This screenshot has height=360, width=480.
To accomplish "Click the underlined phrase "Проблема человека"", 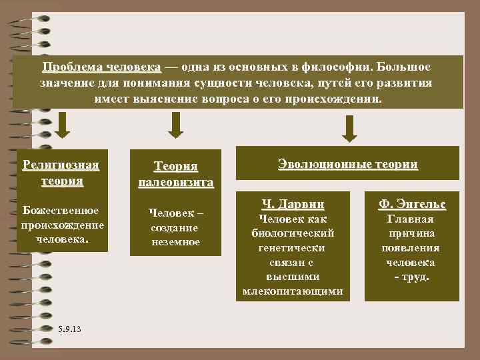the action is [x=101, y=68].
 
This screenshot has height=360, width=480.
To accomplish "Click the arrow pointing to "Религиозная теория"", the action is [x=63, y=124].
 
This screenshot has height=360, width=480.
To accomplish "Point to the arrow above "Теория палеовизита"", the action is [x=175, y=125].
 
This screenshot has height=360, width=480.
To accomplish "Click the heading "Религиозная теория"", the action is [x=61, y=173].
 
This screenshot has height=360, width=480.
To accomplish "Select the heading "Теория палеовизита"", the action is [x=175, y=173].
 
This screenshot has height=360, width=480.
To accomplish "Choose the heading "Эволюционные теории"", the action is [x=347, y=164].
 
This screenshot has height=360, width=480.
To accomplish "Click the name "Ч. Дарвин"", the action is [x=293, y=204].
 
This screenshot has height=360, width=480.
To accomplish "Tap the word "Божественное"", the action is [x=61, y=211].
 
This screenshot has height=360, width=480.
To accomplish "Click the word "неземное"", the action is [x=175, y=242].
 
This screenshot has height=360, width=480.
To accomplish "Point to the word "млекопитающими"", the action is [x=293, y=291].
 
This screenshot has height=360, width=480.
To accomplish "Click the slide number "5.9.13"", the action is [x=69, y=329].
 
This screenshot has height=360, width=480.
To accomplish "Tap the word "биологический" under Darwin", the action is [x=293, y=233].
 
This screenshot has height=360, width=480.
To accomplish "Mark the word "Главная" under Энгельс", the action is [x=411, y=219].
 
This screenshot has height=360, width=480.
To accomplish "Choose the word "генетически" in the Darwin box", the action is [x=293, y=247].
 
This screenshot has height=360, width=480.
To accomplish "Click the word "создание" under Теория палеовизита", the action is [x=175, y=227].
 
